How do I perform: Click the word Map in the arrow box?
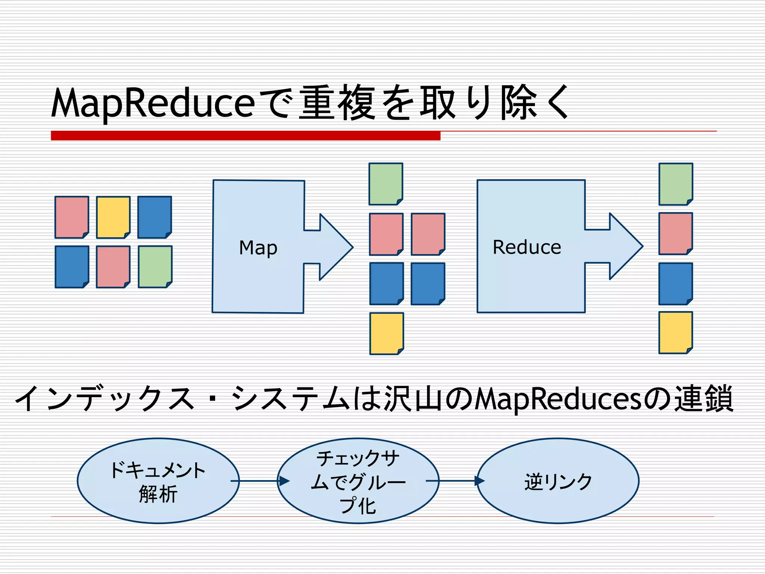coord(258,248)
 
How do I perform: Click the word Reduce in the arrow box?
coord(527,247)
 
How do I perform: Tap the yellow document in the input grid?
coord(113,217)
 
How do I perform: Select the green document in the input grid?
coord(155,266)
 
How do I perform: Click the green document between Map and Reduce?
coord(385,184)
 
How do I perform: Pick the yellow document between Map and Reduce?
coord(387,333)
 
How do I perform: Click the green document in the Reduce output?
coord(675,184)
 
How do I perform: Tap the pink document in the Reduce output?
coord(675,234)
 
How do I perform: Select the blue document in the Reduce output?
coord(675,284)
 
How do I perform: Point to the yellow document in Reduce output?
coord(675,332)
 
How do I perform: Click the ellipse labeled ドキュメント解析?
coord(158,481)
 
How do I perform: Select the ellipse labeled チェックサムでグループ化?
coord(358,481)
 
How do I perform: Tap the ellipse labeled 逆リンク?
coord(558,481)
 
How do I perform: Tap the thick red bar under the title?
coord(245,136)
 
